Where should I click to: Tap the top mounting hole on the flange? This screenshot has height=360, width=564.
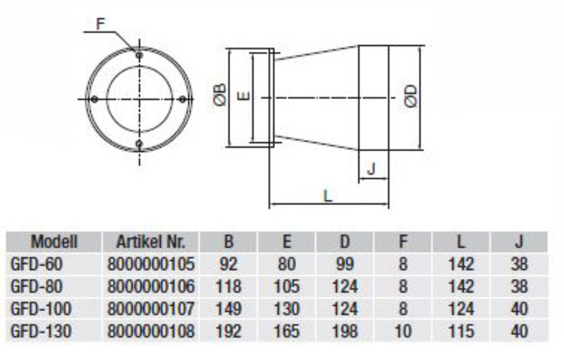pyautogui.click(x=139, y=55)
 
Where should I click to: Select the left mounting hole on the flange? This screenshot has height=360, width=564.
pyautogui.click(x=95, y=99)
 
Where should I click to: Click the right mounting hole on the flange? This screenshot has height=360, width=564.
pyautogui.click(x=182, y=99)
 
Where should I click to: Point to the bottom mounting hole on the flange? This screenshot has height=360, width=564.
pyautogui.click(x=139, y=143)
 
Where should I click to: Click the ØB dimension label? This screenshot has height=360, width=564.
pyautogui.click(x=221, y=95)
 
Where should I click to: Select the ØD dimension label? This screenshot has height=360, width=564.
pyautogui.click(x=411, y=96)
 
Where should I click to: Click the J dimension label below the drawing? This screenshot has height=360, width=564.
pyautogui.click(x=371, y=169)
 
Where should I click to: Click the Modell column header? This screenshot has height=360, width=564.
pyautogui.click(x=54, y=242)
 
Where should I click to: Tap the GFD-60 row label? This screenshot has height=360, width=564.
pyautogui.click(x=41, y=264)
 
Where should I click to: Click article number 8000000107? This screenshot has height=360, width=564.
pyautogui.click(x=151, y=309)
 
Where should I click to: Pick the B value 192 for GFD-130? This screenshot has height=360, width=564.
pyautogui.click(x=228, y=331)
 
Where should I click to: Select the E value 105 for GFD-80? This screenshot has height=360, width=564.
pyautogui.click(x=287, y=286)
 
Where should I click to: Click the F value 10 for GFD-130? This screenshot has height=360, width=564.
pyautogui.click(x=403, y=331)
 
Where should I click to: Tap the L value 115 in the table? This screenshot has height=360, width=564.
pyautogui.click(x=461, y=331)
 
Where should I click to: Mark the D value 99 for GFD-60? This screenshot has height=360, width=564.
pyautogui.click(x=345, y=264)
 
